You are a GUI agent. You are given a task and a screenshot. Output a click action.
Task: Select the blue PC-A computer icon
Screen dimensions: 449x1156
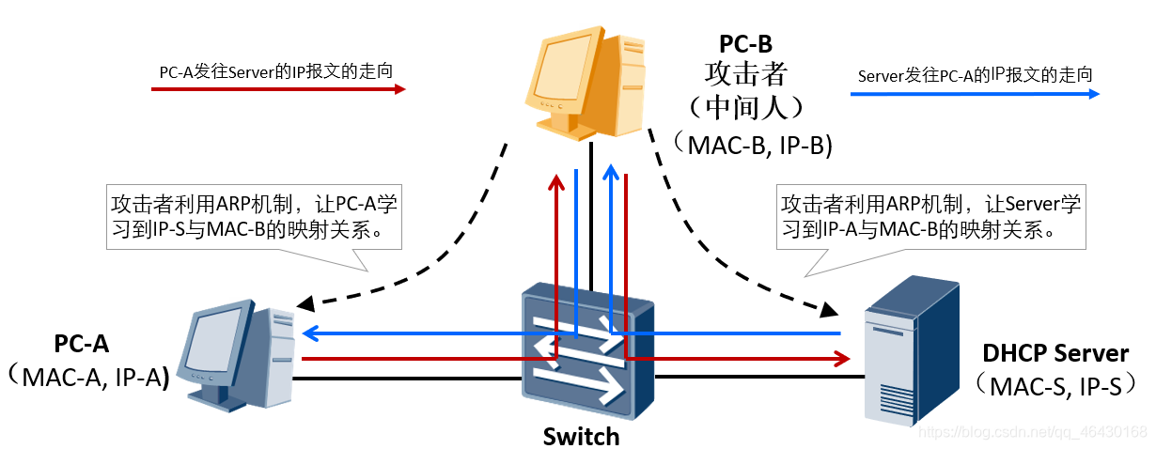pyautogui.click(x=240, y=355)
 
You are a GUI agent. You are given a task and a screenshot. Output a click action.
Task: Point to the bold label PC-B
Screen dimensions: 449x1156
pyautogui.click(x=745, y=43)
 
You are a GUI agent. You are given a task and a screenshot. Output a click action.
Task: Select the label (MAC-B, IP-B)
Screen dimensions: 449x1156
pyautogui.click(x=752, y=144)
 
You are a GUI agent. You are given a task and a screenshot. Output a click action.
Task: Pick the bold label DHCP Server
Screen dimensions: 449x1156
pyautogui.click(x=1054, y=353)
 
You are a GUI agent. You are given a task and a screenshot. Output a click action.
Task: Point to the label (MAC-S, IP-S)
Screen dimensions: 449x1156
pyautogui.click(x=1049, y=385)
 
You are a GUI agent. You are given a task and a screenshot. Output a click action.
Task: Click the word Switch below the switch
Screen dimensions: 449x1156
pyautogui.click(x=581, y=437)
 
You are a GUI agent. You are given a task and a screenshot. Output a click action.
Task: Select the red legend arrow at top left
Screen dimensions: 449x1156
pyautogui.click(x=278, y=90)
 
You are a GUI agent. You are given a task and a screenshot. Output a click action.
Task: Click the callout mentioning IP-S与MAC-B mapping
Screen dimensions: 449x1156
pyautogui.click(x=255, y=217)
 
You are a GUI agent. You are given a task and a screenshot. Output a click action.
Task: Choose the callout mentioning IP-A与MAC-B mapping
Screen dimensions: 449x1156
pyautogui.click(x=930, y=217)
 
